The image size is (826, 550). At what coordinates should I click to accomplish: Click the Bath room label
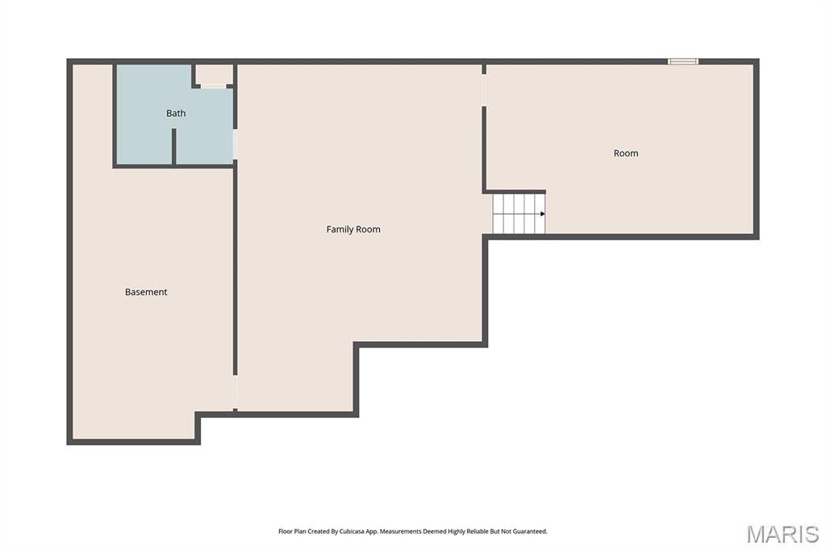tap(176, 114)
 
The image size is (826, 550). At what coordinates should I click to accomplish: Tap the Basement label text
tap(146, 292)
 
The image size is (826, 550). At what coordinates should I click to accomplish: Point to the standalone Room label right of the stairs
tap(626, 153)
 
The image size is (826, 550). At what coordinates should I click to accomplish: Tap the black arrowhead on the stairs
tap(543, 214)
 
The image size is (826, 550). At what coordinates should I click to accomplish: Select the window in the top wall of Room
tap(683, 61)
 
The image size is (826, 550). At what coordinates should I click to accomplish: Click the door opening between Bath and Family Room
tap(235, 144)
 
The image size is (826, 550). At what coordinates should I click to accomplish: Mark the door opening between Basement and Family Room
tap(236, 393)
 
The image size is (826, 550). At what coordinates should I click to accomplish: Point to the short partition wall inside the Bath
tap(173, 146)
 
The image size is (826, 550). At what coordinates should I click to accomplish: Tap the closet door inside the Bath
tap(214, 86)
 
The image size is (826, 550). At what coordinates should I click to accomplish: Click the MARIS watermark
tap(782, 534)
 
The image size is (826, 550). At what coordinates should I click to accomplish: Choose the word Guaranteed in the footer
tap(528, 531)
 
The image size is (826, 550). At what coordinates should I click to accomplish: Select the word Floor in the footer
tap(285, 531)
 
